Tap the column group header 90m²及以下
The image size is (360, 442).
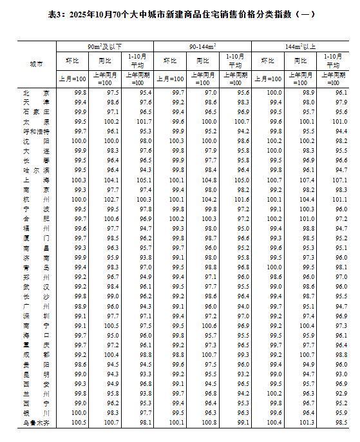(104, 46)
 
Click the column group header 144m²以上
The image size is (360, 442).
(300, 46)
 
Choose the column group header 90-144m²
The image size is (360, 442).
(202, 46)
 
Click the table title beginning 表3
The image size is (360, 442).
(180, 14)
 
